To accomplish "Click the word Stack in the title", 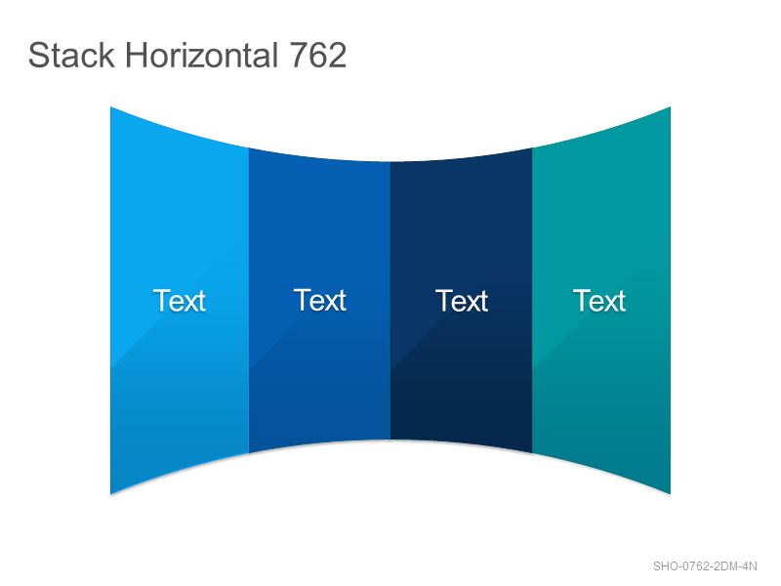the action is coord(71,55).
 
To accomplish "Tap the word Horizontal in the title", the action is coord(201,55).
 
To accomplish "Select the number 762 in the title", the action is coord(318,55).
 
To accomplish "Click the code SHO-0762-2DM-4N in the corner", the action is coord(705,566).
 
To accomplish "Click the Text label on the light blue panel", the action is coord(180,301).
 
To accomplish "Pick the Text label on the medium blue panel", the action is coord(320,300).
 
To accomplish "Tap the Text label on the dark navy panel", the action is coord(462,301).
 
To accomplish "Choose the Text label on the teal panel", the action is coord(599,301).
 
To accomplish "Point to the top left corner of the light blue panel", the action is coord(110,106).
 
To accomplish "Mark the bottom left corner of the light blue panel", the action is coord(110,494).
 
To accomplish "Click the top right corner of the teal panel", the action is coord(671,106).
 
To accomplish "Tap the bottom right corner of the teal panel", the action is coord(671,494).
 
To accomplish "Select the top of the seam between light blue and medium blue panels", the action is coord(249,148).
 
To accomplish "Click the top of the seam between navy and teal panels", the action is coord(532,148).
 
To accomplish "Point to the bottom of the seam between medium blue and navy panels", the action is coord(390,439).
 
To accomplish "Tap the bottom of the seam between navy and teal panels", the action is coord(532,453).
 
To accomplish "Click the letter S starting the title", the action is coord(38,55).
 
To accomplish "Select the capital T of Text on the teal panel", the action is coord(581,301).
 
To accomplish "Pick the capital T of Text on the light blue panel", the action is coord(161,301).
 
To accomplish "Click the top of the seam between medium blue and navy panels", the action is coord(390,162).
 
